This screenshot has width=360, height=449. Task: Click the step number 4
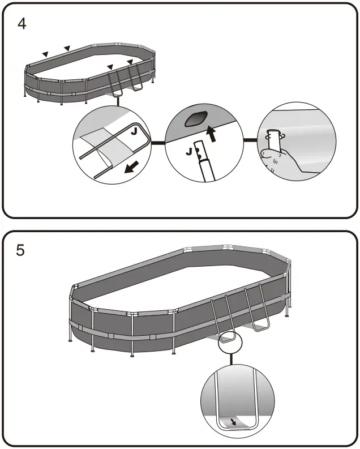click(22, 25)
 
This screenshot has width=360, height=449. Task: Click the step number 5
click(20, 250)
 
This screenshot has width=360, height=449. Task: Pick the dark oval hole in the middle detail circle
click(196, 120)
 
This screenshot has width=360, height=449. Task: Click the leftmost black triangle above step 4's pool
click(45, 54)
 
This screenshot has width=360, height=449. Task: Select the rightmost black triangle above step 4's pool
click(130, 62)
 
